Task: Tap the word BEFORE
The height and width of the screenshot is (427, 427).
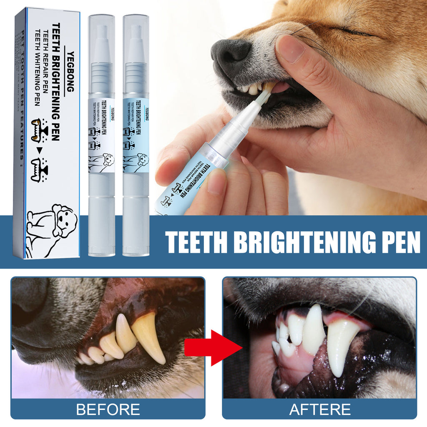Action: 108,409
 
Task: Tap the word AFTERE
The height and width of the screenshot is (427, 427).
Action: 320,409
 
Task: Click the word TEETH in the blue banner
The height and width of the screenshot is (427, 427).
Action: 196,242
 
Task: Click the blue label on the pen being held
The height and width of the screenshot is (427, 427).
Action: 188,183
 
